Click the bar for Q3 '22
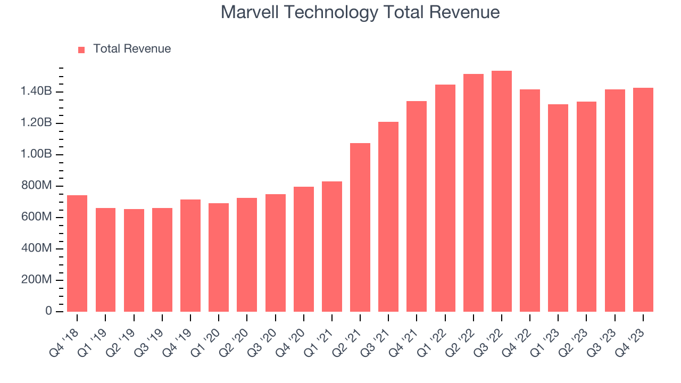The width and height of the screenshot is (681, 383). pyautogui.click(x=501, y=191)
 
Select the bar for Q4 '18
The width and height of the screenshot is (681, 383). pyautogui.click(x=77, y=253)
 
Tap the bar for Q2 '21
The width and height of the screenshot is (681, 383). pyautogui.click(x=360, y=227)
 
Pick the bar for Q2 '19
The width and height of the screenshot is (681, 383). pyautogui.click(x=134, y=260)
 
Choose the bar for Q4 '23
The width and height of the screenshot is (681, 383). pyautogui.click(x=643, y=199)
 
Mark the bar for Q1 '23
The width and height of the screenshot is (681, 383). pyautogui.click(x=558, y=208)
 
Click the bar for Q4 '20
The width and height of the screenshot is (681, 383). pyautogui.click(x=303, y=249)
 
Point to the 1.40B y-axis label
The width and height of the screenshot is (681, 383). pyautogui.click(x=36, y=92)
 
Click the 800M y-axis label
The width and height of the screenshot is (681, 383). pyautogui.click(x=36, y=186)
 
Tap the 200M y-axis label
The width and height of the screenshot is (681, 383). pyautogui.click(x=36, y=280)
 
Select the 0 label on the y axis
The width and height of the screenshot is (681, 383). pyautogui.click(x=48, y=311)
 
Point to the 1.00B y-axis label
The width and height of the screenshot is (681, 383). pyautogui.click(x=36, y=155)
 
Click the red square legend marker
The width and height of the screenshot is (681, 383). pyautogui.click(x=81, y=50)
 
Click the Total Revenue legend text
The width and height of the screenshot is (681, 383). pyautogui.click(x=132, y=49)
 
